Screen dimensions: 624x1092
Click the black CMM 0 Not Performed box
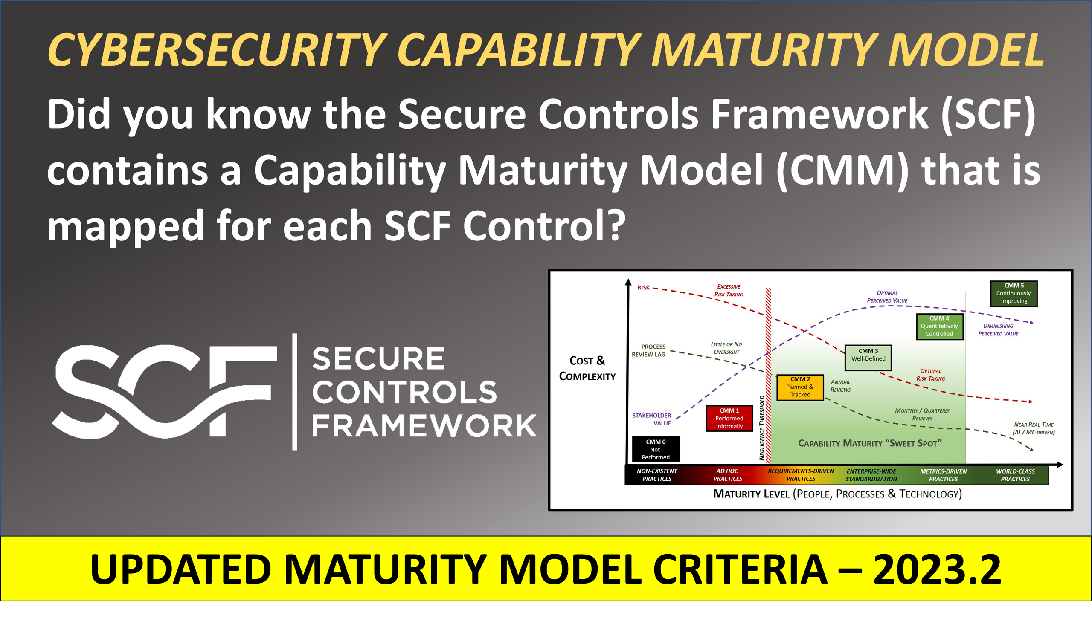[x=655, y=449]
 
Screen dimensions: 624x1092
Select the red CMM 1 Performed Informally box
[x=729, y=418]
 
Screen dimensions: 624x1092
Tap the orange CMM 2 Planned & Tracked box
[x=800, y=387]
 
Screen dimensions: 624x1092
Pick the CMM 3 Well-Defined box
[x=868, y=358]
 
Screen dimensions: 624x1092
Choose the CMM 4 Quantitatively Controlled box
[x=939, y=326]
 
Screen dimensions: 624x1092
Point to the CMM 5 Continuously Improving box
[x=1014, y=294]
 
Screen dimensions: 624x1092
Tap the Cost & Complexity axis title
[x=587, y=368]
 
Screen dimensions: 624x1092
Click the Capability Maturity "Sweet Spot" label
[x=870, y=443]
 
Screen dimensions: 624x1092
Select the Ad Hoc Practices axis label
[x=727, y=475]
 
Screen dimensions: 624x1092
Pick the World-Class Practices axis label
[x=1015, y=475]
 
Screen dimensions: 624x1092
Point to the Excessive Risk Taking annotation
[x=729, y=291]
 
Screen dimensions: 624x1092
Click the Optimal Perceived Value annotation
[x=887, y=297]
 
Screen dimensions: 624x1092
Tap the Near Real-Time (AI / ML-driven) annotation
[x=1033, y=428]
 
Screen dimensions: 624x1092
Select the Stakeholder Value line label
[x=652, y=419]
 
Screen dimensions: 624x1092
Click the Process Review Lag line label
[x=649, y=350]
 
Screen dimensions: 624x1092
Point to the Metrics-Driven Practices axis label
[x=943, y=475]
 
